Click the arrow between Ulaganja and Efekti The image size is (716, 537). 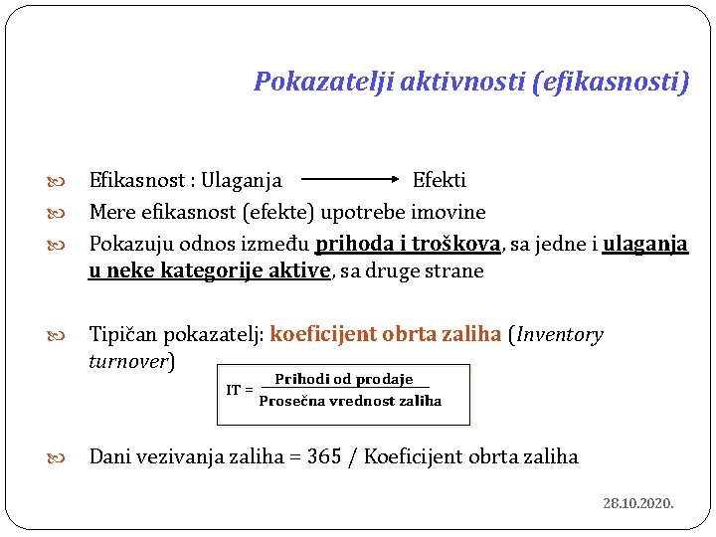coord(348,181)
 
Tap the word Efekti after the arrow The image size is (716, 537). coord(440,181)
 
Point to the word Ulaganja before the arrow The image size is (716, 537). coord(242,181)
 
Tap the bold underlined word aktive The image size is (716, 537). coord(299,271)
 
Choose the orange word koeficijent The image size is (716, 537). coord(327,334)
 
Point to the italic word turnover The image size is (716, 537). coord(128,361)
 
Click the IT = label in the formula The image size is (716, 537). coord(239,390)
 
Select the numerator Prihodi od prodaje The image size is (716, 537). coord(344,379)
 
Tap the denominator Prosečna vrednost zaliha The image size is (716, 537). coord(350,401)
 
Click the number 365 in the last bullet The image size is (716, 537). coord(324,456)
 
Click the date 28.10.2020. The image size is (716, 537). coord(638,503)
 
